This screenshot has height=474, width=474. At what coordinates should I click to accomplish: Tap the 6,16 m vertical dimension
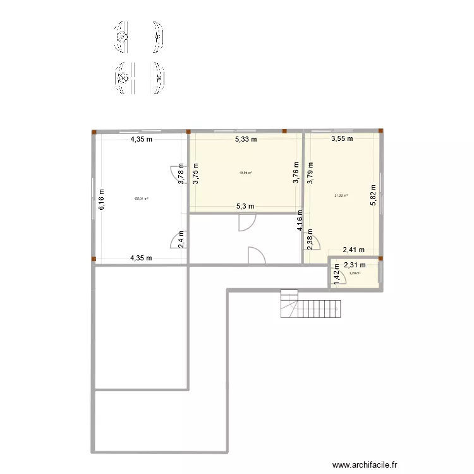(x=100, y=198)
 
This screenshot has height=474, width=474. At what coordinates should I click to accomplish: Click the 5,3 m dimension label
(x=245, y=206)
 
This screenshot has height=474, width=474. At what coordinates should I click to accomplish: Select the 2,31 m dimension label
(x=355, y=265)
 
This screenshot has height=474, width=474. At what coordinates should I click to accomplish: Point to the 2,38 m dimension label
(x=310, y=240)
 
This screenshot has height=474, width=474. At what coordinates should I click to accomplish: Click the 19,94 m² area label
(x=245, y=173)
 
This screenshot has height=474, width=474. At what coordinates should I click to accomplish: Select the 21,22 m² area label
(x=341, y=195)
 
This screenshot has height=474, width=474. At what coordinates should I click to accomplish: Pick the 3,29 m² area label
(x=355, y=274)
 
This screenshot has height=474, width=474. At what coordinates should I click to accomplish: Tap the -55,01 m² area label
(x=141, y=198)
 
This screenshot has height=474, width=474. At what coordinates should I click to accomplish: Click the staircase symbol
(x=311, y=305)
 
